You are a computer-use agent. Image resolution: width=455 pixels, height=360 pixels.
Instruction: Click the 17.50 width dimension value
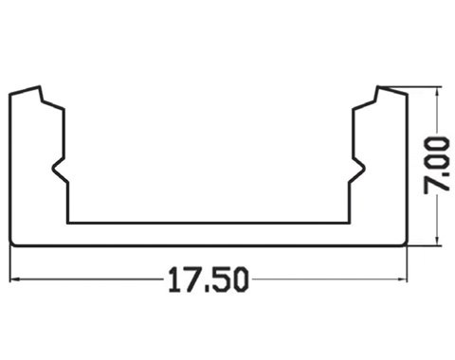[209, 279]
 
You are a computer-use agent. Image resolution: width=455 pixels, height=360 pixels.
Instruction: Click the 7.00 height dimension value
[437, 165]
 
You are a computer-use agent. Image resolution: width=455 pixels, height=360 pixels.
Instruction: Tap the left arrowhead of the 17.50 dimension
[15, 279]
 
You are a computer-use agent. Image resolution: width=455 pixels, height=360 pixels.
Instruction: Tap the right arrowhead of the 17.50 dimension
[401, 279]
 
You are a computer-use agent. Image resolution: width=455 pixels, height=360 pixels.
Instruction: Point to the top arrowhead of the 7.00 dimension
[437, 92]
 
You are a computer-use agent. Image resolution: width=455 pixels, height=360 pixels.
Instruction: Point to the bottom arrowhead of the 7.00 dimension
[437, 240]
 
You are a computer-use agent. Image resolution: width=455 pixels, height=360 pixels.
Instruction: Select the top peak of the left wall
[40, 86]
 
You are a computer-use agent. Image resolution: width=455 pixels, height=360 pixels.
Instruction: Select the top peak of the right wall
[377, 86]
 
